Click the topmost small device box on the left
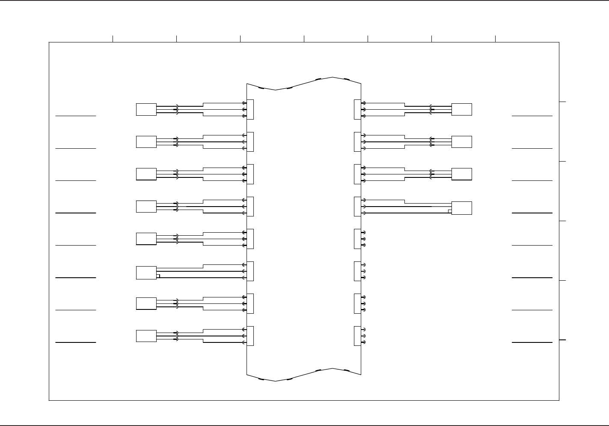[146, 109]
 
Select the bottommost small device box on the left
[146, 336]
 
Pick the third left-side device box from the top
[146, 174]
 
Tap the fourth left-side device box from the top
[146, 206]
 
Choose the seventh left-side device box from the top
[146, 303]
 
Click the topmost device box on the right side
[462, 109]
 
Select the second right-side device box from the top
[462, 142]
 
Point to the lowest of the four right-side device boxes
[462, 208]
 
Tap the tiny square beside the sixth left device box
[158, 276]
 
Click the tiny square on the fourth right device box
[450, 211]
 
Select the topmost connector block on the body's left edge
[250, 109]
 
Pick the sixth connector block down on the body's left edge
[250, 271]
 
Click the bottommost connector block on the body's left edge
[250, 336]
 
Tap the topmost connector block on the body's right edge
[357, 109]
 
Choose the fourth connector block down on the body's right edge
[357, 207]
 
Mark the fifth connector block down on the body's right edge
[357, 239]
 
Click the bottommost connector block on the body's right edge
[357, 336]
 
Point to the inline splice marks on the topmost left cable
[176, 109]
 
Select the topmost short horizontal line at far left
[76, 116]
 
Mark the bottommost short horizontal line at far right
[532, 342]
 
